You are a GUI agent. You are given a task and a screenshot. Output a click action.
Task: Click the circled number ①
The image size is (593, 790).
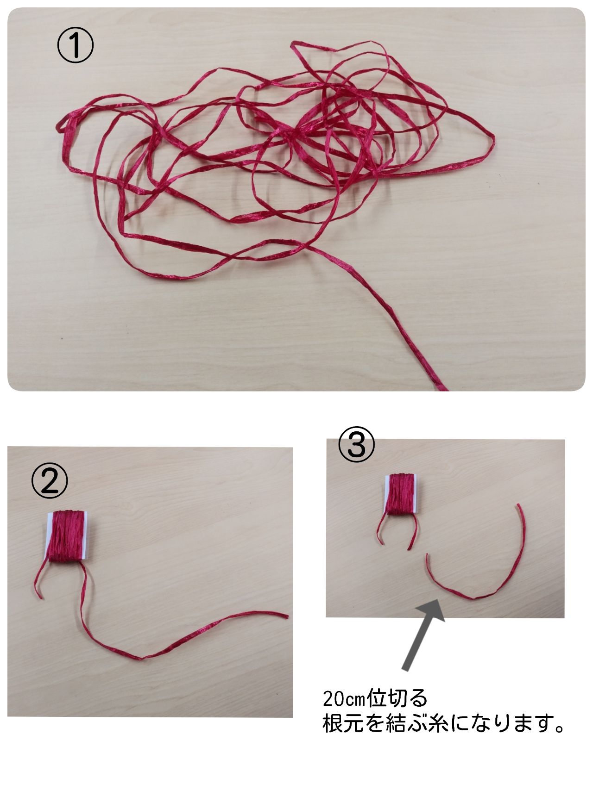75,47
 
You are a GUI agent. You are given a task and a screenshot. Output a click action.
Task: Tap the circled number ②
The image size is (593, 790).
49,481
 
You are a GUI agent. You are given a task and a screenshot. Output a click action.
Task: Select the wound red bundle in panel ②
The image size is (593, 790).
69,536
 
